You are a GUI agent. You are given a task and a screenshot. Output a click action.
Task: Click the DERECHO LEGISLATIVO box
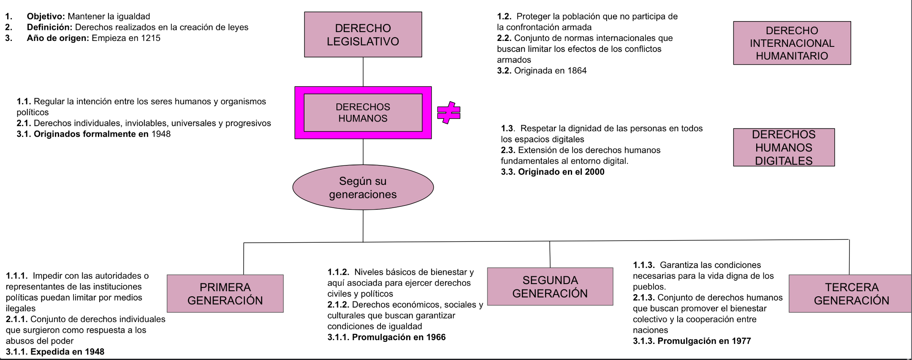363,35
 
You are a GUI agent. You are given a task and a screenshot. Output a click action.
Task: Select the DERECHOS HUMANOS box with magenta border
363,113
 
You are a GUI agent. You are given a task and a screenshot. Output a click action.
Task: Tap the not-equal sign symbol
448,113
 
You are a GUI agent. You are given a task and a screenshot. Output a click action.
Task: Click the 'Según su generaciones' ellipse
363,187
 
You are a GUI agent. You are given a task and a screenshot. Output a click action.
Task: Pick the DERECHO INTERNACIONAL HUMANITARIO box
792,43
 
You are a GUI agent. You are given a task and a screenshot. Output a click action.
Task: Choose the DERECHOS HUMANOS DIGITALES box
784,147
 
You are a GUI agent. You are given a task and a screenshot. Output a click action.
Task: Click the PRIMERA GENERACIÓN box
225,294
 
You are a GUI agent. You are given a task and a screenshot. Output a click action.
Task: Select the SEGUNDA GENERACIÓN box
550,287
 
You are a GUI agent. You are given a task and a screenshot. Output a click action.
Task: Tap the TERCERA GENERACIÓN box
851,294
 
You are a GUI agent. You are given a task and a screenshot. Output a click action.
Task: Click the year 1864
577,71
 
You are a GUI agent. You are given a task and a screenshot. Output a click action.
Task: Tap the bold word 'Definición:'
50,27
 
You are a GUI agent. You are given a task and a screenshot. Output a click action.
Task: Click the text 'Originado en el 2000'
561,172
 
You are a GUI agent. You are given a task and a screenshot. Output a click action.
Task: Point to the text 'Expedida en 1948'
67,352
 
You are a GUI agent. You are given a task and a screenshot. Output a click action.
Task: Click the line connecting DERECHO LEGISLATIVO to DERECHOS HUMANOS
363,72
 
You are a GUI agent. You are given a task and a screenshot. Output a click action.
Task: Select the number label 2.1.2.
338,305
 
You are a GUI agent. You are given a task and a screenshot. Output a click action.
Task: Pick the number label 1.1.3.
643,265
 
